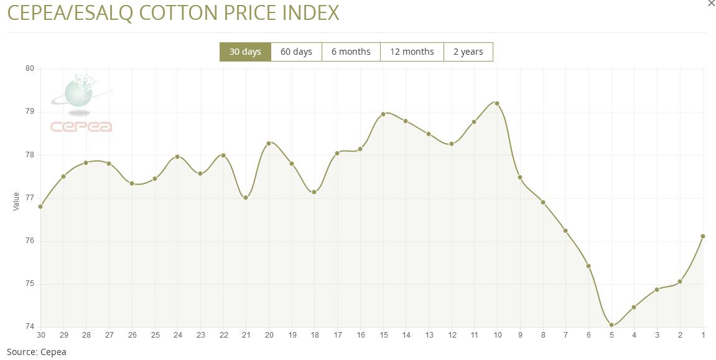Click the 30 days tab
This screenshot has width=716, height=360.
(x=245, y=52)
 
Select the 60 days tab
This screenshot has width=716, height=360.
(x=296, y=52)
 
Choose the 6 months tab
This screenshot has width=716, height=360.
(x=351, y=52)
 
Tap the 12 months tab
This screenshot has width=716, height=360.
(x=412, y=52)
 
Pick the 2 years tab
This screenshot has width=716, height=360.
(x=468, y=52)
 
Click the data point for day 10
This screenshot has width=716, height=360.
(x=497, y=103)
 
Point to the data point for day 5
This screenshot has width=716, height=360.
(x=611, y=325)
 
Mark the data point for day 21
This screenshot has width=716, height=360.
(x=246, y=198)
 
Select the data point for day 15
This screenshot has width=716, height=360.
(x=383, y=114)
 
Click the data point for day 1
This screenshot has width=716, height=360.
(x=703, y=236)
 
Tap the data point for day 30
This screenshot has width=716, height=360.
(x=40, y=206)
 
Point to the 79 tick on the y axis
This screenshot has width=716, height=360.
(x=29, y=112)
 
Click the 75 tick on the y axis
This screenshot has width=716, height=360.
(x=29, y=284)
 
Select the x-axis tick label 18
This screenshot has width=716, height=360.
(x=315, y=335)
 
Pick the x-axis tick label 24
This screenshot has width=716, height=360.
(x=177, y=335)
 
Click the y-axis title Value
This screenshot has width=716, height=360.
(x=16, y=201)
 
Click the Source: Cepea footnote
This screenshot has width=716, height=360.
(x=36, y=352)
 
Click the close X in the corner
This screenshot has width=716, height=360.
(x=712, y=3)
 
